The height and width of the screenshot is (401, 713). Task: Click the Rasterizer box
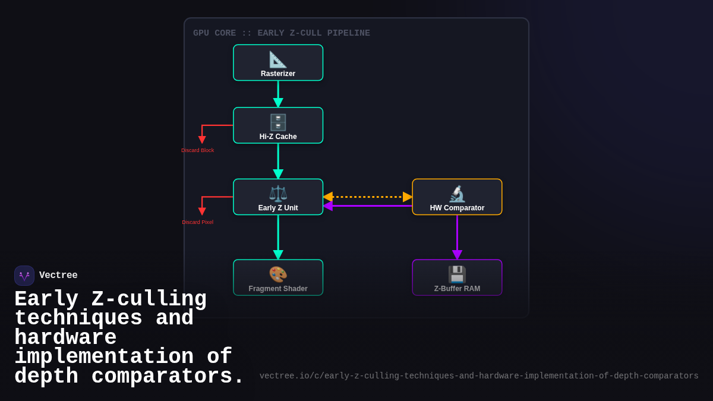click(x=278, y=63)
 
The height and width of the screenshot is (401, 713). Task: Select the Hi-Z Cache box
click(x=278, y=125)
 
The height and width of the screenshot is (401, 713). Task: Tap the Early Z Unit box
click(x=278, y=197)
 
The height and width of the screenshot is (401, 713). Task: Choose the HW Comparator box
click(x=457, y=197)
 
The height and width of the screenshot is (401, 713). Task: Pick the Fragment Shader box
click(x=278, y=277)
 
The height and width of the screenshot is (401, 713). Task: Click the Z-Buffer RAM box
click(x=457, y=277)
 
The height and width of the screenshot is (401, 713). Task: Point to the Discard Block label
click(x=198, y=150)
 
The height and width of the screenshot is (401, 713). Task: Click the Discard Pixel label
click(x=198, y=222)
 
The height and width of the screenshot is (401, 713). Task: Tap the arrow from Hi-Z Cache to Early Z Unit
click(x=278, y=161)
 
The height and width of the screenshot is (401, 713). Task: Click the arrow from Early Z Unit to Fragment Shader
click(x=278, y=237)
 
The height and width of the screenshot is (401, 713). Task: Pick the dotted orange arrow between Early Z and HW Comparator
click(x=367, y=197)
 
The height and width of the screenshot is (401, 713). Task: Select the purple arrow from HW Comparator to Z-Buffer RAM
click(x=457, y=237)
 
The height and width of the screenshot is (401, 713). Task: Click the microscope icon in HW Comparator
click(x=457, y=194)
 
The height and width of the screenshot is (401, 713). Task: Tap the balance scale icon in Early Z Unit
click(x=278, y=194)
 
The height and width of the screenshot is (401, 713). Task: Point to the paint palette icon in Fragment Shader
click(x=278, y=274)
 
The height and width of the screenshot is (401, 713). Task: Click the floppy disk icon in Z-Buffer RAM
click(x=457, y=274)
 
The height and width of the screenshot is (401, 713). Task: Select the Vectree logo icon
click(x=24, y=276)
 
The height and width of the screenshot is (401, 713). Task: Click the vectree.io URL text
click(x=479, y=376)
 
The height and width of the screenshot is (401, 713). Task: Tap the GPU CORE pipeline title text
click(x=282, y=33)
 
